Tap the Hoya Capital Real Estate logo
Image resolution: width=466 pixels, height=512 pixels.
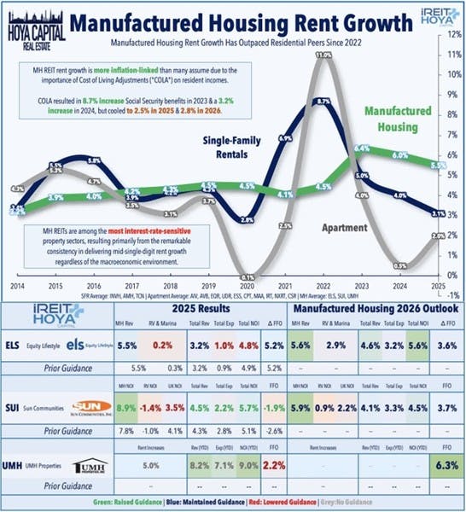32,21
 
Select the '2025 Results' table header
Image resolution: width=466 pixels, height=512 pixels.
210,310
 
